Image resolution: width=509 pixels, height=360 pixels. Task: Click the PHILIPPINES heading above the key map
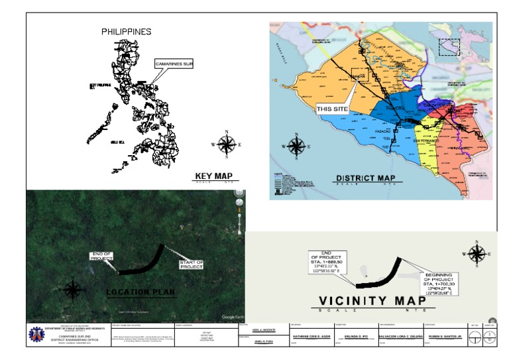126,31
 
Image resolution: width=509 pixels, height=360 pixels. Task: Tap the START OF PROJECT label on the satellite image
192,265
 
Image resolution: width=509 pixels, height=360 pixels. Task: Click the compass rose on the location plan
73,290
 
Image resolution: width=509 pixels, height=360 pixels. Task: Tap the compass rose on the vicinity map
476,253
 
